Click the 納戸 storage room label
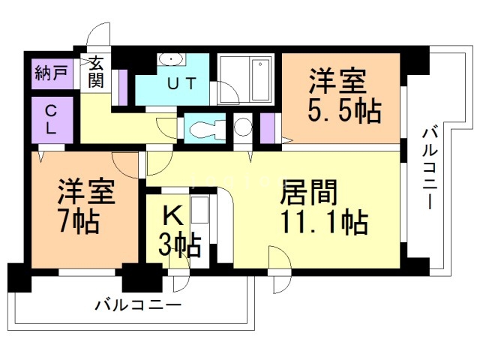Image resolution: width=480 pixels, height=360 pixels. pos(49,74)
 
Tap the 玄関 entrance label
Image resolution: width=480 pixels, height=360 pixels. pos(96,73)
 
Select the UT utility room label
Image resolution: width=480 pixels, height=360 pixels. pos(182,84)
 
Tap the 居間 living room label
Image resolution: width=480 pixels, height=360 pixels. pos(308,193)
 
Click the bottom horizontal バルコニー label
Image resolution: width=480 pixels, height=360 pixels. pos(138,306)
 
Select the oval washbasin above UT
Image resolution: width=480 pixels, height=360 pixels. pos(172,59)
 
